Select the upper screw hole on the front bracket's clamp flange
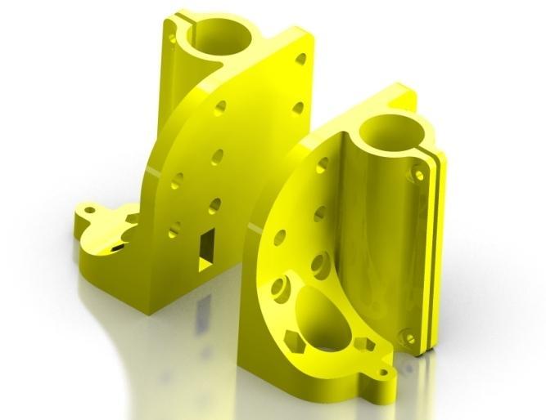click(419, 174)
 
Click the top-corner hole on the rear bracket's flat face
click(300, 59)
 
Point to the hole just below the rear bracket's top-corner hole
click(297, 107)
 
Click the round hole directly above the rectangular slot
click(214, 205)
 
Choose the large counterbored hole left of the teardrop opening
click(281, 288)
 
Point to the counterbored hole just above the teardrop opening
click(321, 264)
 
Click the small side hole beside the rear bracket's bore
click(172, 38)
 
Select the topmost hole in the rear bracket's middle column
click(220, 109)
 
